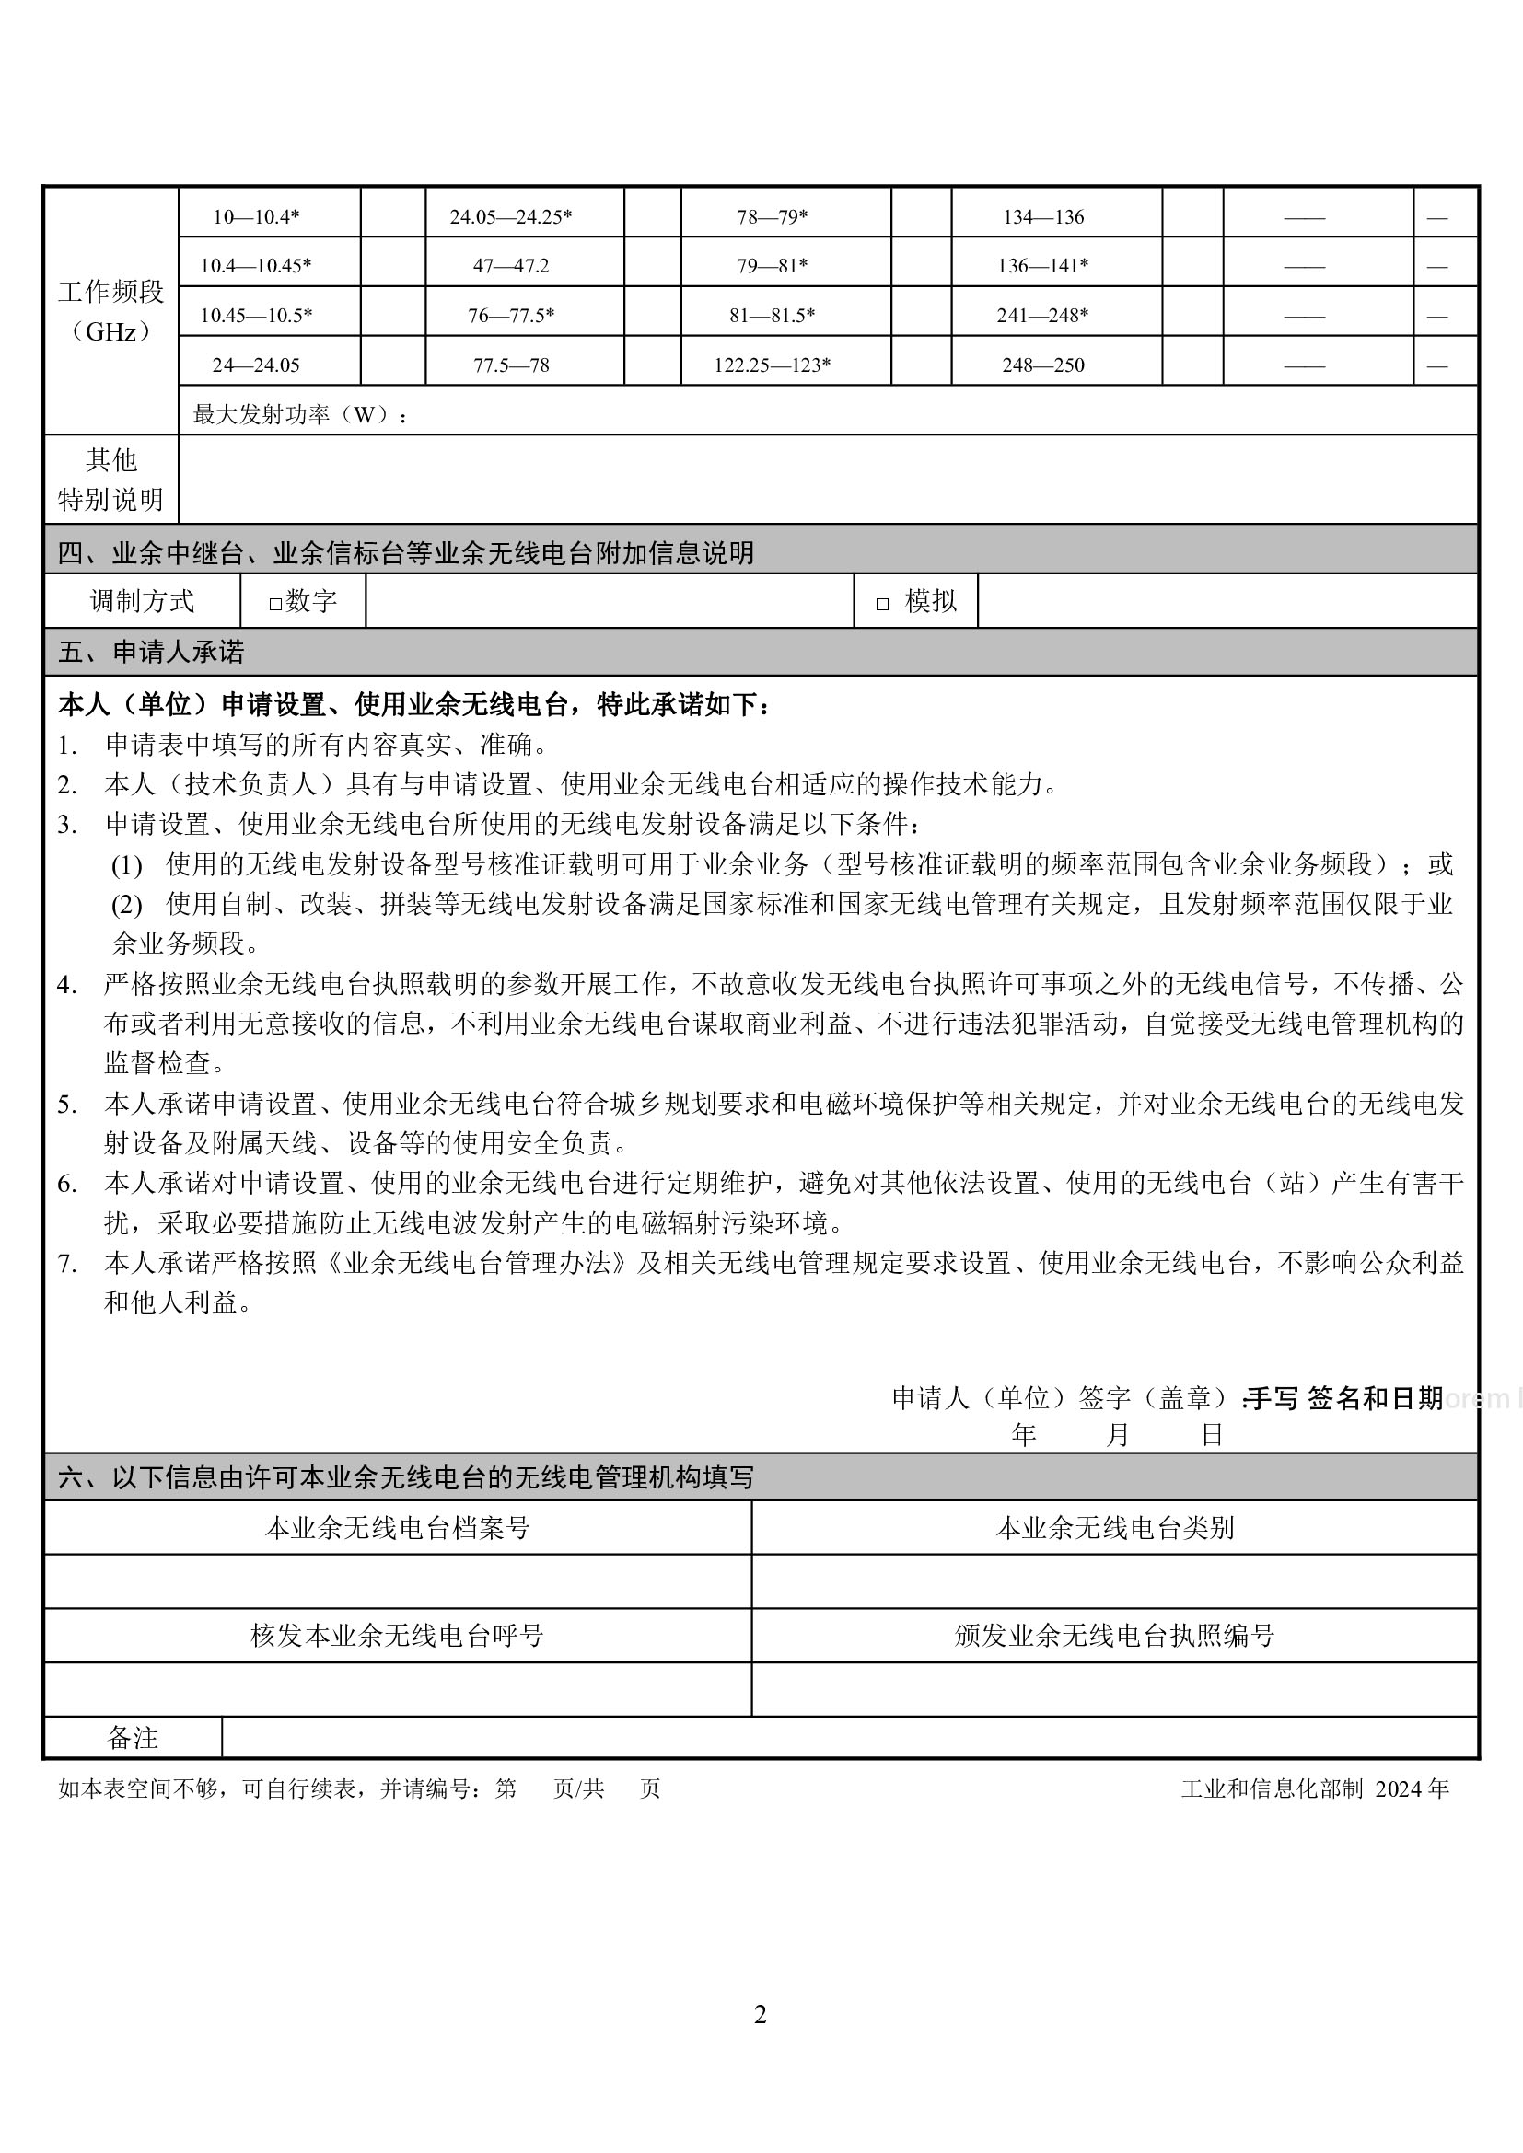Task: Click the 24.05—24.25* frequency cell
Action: point(511,216)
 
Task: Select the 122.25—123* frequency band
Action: point(772,365)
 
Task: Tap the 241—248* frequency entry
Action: point(1042,315)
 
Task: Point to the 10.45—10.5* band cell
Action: point(256,315)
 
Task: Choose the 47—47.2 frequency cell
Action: point(511,265)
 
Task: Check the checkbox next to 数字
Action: point(275,604)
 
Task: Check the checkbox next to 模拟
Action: point(882,604)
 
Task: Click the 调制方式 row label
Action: point(143,601)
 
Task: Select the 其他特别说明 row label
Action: point(110,480)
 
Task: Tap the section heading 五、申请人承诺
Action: point(151,652)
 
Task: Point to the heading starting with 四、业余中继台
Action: point(405,553)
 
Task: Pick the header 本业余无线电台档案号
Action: point(398,1528)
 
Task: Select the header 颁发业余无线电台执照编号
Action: point(1114,1636)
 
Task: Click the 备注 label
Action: point(134,1738)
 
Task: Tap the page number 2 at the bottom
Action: point(761,2014)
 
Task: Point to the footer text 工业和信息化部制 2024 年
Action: point(1315,1788)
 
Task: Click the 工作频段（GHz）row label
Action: point(110,310)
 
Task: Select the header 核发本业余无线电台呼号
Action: point(398,1636)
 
